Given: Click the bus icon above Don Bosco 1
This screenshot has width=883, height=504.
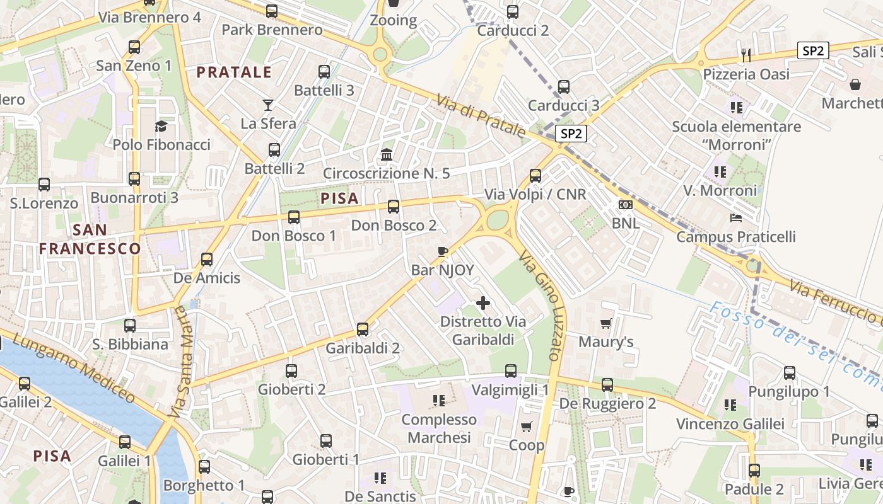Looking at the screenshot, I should [294, 217].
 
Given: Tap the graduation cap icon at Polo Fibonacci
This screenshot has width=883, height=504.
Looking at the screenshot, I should [161, 126].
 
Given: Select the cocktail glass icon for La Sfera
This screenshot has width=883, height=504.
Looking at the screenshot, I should [268, 105].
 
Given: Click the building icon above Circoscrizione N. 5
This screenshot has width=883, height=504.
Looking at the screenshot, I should [387, 154].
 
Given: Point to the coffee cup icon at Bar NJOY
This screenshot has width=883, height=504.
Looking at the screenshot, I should [443, 251].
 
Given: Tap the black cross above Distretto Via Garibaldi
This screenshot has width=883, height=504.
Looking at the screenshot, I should [483, 303].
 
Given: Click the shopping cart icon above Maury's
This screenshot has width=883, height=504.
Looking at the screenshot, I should [606, 323].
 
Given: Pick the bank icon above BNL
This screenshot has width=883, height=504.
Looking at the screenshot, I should [626, 205].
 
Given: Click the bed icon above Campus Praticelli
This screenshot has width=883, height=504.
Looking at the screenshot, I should [735, 218].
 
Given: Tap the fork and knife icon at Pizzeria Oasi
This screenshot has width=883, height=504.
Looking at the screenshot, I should [746, 55].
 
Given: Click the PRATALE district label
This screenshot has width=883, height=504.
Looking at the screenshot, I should [234, 72].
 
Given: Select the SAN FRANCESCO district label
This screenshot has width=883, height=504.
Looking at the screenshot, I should [90, 239].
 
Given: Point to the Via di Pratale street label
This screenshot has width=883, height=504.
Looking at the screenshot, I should [481, 115].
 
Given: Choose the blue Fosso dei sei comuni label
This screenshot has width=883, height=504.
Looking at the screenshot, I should [795, 340].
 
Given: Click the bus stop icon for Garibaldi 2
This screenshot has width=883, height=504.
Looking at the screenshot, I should [363, 329].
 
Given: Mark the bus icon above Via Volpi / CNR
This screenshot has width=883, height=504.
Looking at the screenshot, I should [535, 175].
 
